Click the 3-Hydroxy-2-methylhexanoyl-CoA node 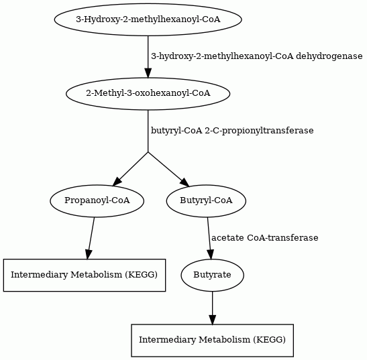148,19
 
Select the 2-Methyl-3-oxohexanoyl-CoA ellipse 148,94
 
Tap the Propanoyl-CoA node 97,200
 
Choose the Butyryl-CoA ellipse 206,200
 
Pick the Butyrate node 212,275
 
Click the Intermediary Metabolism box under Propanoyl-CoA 85,275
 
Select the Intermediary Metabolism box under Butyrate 212,341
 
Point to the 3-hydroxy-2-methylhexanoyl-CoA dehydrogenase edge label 257,56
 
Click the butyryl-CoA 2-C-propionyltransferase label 232,131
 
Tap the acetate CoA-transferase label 265,238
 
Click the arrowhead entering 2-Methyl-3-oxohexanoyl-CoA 148,73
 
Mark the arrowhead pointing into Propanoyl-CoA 117,182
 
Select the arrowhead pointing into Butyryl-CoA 185,182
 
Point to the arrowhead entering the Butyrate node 210,255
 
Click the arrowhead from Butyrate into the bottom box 212,320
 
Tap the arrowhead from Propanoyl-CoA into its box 89,254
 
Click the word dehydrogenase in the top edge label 329,56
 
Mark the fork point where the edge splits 148,152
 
